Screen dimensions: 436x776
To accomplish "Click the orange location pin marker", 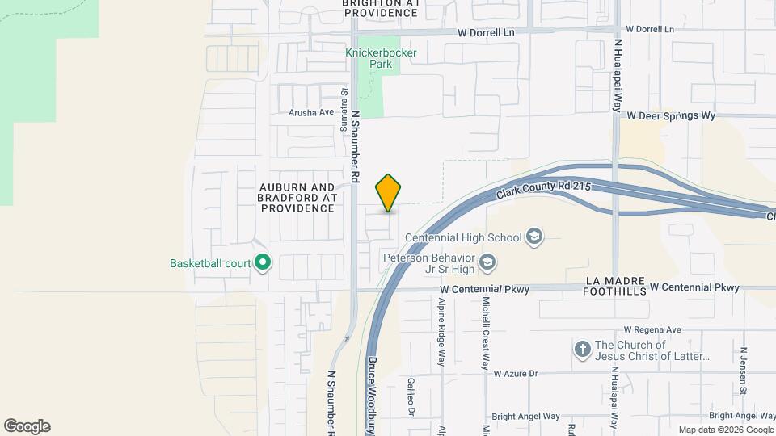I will (389, 193).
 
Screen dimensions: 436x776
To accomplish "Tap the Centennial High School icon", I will (533, 237).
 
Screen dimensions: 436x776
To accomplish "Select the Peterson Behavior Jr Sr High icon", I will (487, 262).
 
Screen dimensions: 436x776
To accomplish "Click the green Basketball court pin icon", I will (262, 262).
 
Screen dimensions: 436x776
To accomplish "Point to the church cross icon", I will (581, 350).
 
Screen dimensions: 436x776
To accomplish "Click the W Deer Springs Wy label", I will (672, 116).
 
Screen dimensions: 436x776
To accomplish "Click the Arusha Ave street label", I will (311, 113).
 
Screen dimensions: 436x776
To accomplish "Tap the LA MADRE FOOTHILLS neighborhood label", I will (616, 286).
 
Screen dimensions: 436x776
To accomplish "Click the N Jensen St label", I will (743, 368).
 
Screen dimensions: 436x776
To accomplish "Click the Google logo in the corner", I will (27, 426).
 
